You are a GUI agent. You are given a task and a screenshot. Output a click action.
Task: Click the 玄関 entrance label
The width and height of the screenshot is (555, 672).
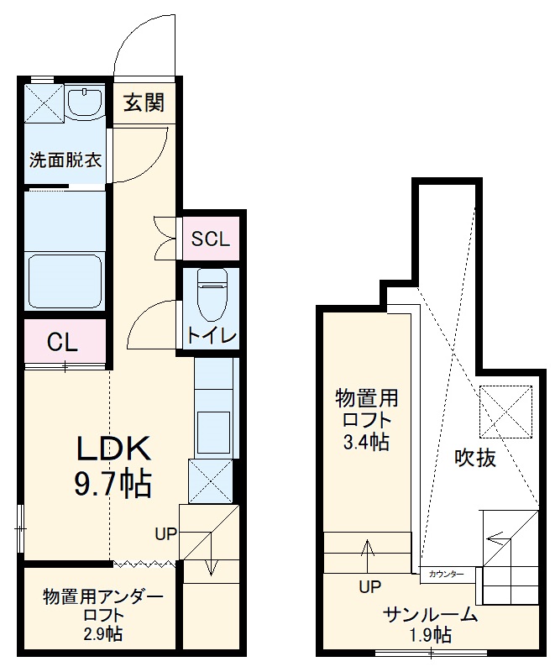click(x=144, y=103)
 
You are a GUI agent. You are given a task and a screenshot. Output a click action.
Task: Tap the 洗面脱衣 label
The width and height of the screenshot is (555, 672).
click(x=65, y=159)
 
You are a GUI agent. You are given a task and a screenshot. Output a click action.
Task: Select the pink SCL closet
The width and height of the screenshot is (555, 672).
click(x=210, y=239)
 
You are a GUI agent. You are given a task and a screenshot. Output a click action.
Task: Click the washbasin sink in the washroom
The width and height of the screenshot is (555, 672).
click(x=83, y=103)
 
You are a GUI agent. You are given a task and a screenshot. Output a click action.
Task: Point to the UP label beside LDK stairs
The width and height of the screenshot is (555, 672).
click(x=165, y=533)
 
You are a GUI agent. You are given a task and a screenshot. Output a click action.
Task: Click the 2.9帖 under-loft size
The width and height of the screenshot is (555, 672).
click(x=102, y=634)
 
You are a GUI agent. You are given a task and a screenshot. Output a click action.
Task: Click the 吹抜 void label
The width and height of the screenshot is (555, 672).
click(x=475, y=458)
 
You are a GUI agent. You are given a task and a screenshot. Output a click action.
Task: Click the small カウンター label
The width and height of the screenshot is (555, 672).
click(x=445, y=574)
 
